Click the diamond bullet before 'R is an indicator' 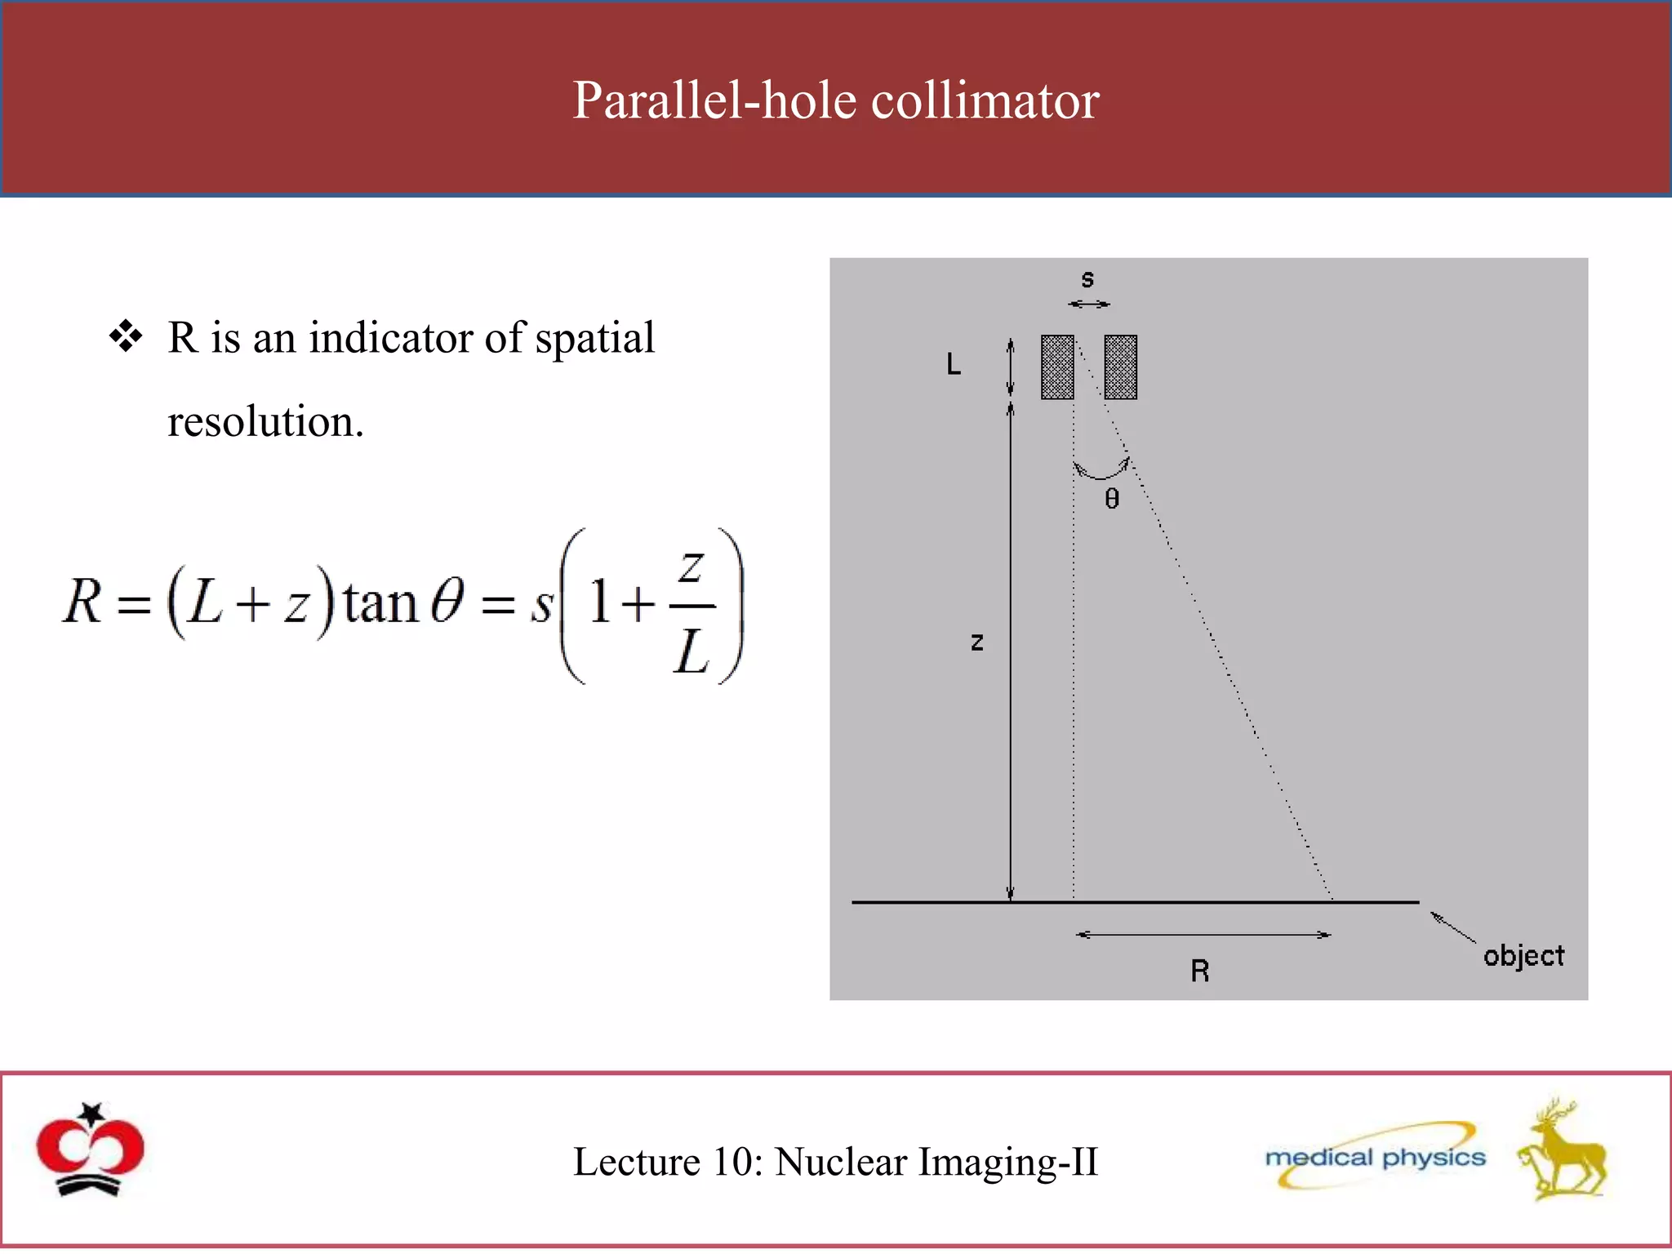point(126,336)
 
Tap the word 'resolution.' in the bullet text point(265,421)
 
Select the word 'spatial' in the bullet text point(594,338)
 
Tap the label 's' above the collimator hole point(1087,279)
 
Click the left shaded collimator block point(1057,367)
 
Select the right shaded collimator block point(1120,367)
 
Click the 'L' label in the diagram point(953,364)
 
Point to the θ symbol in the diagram point(1112,499)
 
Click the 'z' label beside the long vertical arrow point(976,643)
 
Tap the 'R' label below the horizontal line point(1199,971)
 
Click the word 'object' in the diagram point(1523,956)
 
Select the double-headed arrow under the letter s point(1089,305)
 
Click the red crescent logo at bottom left point(90,1149)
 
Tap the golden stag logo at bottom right point(1563,1150)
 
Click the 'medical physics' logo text point(1375,1158)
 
